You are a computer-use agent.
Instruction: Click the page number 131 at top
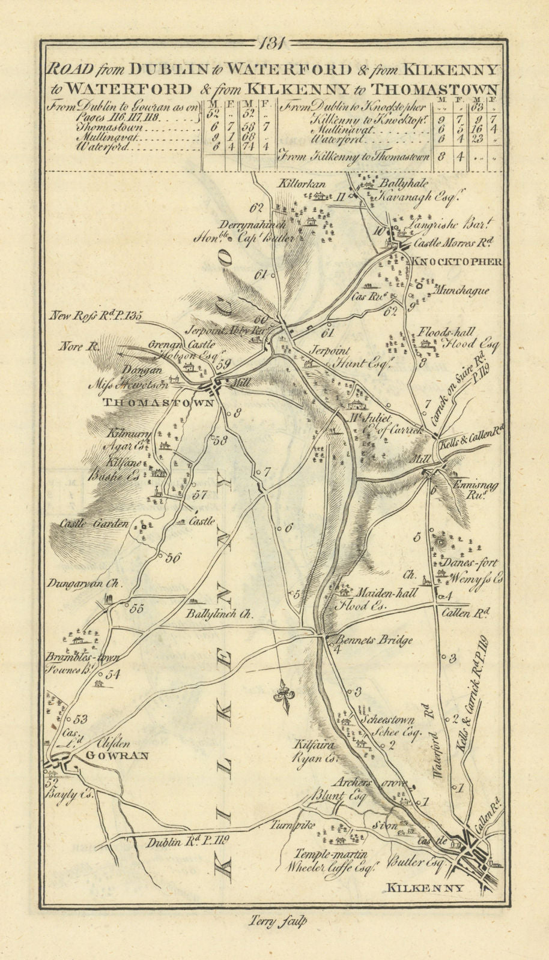274,44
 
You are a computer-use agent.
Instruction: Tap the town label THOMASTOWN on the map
159,403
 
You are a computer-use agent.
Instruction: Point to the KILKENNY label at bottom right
424,887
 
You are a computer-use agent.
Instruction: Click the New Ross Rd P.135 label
98,314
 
